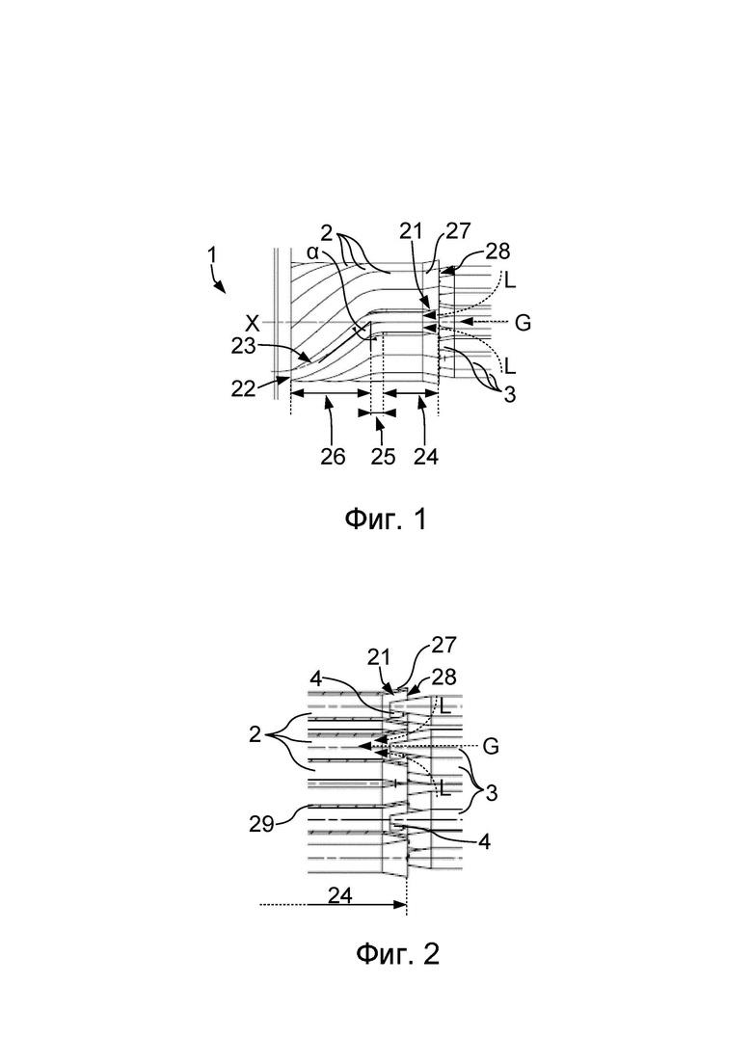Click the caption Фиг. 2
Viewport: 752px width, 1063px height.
tap(397, 954)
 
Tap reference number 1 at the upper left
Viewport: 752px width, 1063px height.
tap(212, 254)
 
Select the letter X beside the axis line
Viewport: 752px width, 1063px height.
tap(253, 324)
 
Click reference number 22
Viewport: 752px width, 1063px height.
tap(244, 387)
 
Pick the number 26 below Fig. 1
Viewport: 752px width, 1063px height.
tap(333, 456)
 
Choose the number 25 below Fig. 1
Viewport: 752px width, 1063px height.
tap(383, 456)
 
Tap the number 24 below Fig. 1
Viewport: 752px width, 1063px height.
tap(426, 456)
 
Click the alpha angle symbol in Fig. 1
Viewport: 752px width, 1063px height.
tap(312, 252)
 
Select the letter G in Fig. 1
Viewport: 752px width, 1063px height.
tap(523, 324)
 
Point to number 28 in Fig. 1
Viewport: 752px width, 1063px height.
tap(498, 252)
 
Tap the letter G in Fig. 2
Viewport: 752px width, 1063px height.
tap(491, 746)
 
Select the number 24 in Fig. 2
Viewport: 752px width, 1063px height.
tap(340, 895)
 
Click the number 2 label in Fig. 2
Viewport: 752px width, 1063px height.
tap(255, 733)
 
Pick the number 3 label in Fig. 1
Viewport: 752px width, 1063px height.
tap(509, 394)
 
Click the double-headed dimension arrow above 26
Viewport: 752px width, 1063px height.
tap(331, 392)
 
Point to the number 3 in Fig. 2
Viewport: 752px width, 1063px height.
tap(492, 792)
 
